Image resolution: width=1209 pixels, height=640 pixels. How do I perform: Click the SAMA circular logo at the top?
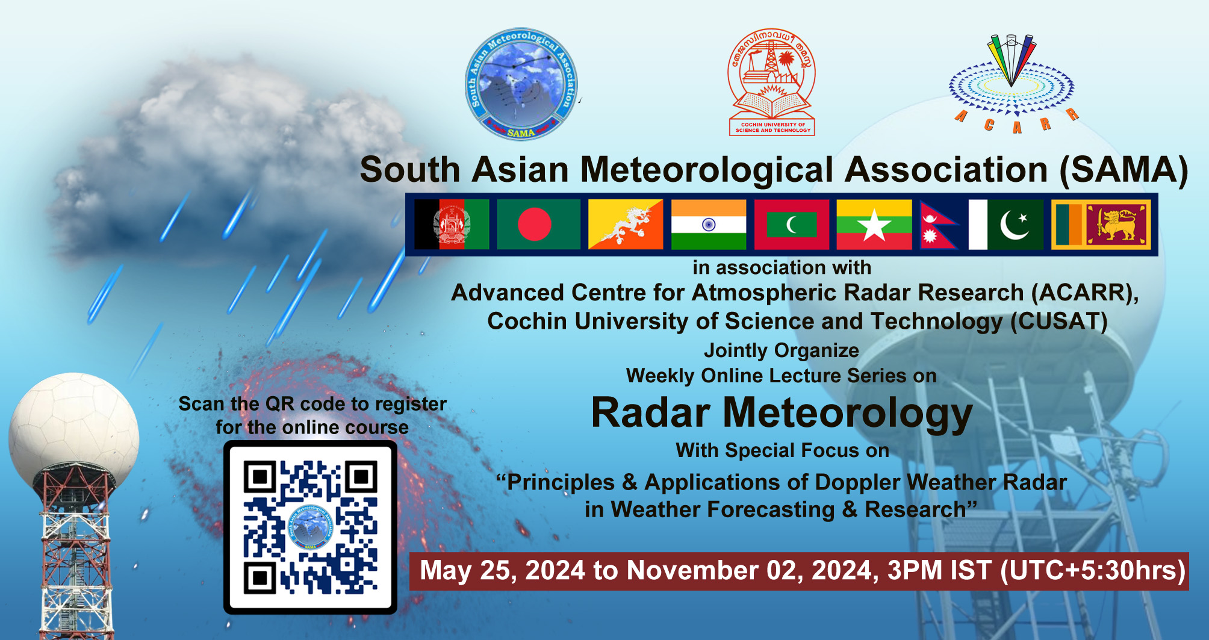click(522, 84)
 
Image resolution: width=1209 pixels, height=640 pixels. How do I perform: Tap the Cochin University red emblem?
click(772, 82)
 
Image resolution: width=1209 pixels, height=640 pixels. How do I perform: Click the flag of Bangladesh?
click(538, 225)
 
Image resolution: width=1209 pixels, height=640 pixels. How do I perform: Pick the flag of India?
click(709, 225)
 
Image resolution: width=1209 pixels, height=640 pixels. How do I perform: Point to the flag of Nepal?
click(938, 225)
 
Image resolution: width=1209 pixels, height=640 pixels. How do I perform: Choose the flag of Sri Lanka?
click(1101, 225)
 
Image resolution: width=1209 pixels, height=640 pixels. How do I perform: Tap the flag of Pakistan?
click(1005, 225)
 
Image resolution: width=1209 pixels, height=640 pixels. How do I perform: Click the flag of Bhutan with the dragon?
click(626, 225)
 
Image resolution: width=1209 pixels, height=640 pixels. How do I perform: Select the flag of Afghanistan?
click(452, 225)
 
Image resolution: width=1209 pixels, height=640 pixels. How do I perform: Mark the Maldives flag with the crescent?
click(792, 225)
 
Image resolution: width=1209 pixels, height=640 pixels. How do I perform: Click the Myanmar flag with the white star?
click(874, 225)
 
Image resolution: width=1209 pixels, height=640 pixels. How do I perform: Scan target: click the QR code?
click(310, 527)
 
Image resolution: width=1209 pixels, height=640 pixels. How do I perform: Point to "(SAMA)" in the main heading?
click(1124, 170)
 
